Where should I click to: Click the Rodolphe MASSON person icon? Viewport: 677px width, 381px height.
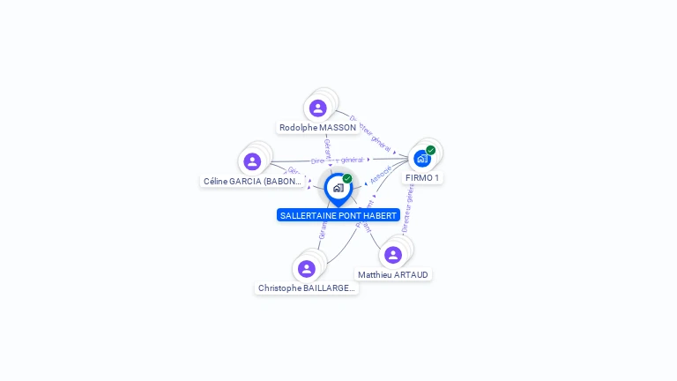pyautogui.click(x=318, y=108)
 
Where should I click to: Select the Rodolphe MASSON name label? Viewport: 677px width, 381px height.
pyautogui.click(x=317, y=128)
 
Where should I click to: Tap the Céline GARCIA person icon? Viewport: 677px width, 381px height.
pyautogui.click(x=252, y=161)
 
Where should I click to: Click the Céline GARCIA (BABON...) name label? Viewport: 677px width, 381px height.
pyautogui.click(x=253, y=182)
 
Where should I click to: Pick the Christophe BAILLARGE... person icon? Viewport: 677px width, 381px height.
pyautogui.click(x=307, y=268)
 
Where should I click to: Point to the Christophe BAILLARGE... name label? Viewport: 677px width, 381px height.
pyautogui.click(x=307, y=288)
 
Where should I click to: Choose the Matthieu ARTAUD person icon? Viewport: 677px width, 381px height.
pyautogui.click(x=393, y=255)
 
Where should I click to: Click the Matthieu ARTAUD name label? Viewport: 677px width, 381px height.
pyautogui.click(x=393, y=275)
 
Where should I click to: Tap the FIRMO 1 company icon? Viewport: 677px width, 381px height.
pyautogui.click(x=422, y=159)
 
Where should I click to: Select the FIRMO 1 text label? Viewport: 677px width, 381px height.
pyautogui.click(x=422, y=178)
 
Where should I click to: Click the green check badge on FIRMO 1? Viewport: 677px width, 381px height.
pyautogui.click(x=431, y=150)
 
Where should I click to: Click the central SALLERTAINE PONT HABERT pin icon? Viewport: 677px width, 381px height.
pyautogui.click(x=338, y=188)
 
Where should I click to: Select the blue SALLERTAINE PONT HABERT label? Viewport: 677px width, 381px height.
pyautogui.click(x=338, y=215)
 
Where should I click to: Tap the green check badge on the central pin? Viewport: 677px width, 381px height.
pyautogui.click(x=347, y=178)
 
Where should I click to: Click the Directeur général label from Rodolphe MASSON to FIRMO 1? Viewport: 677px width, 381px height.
pyautogui.click(x=370, y=131)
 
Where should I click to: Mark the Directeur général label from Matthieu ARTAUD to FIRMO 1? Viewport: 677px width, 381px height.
pyautogui.click(x=407, y=213)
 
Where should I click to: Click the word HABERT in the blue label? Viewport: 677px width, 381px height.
pyautogui.click(x=380, y=215)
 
